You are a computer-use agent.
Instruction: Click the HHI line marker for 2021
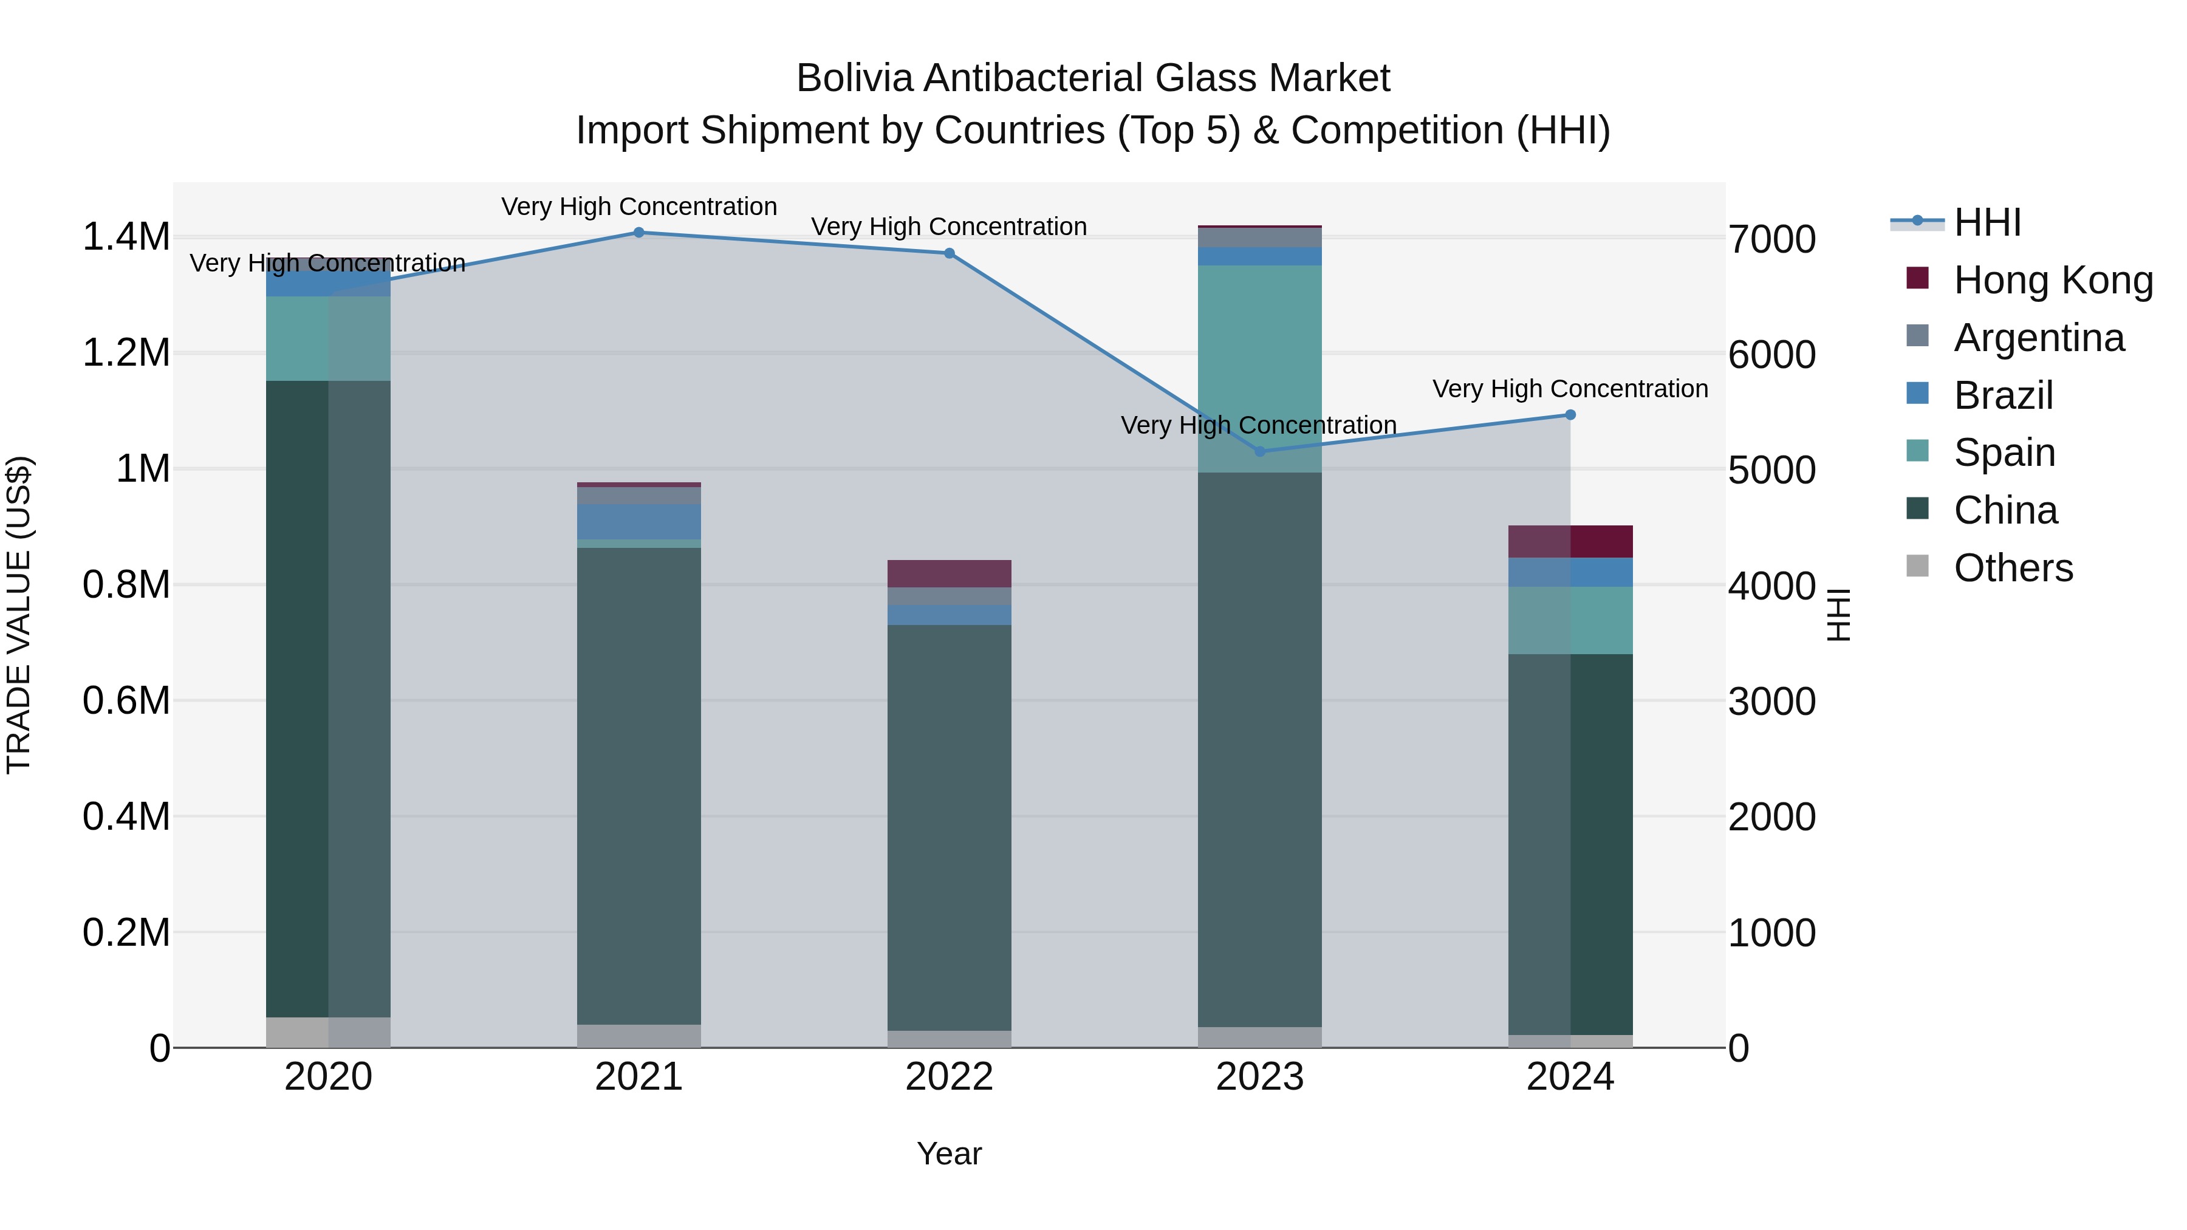click(x=638, y=233)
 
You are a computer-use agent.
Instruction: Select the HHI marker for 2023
click(x=1260, y=451)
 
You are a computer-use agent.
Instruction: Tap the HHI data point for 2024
click(x=1570, y=415)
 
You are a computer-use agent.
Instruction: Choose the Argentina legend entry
click(x=2038, y=338)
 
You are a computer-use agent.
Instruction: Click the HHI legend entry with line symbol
click(x=1987, y=222)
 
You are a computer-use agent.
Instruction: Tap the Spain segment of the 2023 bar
click(x=1260, y=369)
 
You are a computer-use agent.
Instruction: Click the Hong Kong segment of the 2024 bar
click(x=1570, y=542)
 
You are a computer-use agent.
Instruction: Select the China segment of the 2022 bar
click(x=949, y=828)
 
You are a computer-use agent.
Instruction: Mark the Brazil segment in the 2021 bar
click(x=638, y=521)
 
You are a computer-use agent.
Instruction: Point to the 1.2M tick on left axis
click(x=126, y=353)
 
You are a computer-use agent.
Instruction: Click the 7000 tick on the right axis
click(x=1772, y=239)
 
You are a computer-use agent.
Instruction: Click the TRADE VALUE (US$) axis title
click(x=19, y=615)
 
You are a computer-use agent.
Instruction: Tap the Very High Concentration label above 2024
click(x=1570, y=389)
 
